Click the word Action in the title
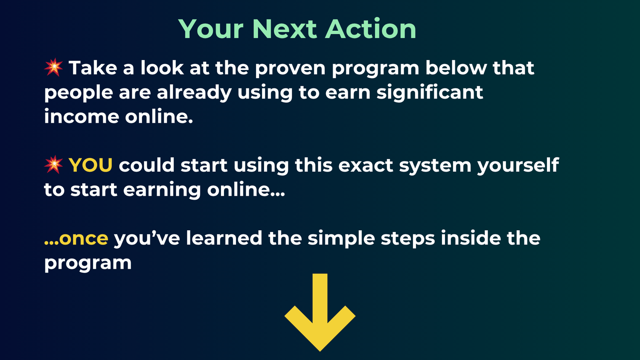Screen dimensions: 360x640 (x=370, y=29)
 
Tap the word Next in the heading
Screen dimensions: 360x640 (x=284, y=29)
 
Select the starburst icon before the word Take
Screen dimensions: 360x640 (x=54, y=67)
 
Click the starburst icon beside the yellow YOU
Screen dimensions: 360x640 (x=54, y=165)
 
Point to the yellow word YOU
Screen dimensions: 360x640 (x=90, y=165)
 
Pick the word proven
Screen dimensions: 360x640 (x=290, y=68)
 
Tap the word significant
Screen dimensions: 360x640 (x=430, y=93)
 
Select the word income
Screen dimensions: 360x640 (x=81, y=116)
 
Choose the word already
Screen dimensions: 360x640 (x=194, y=93)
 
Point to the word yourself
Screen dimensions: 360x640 (x=518, y=165)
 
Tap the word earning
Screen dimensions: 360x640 (x=162, y=190)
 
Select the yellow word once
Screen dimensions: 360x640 (x=83, y=238)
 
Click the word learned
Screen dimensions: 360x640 (x=224, y=238)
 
